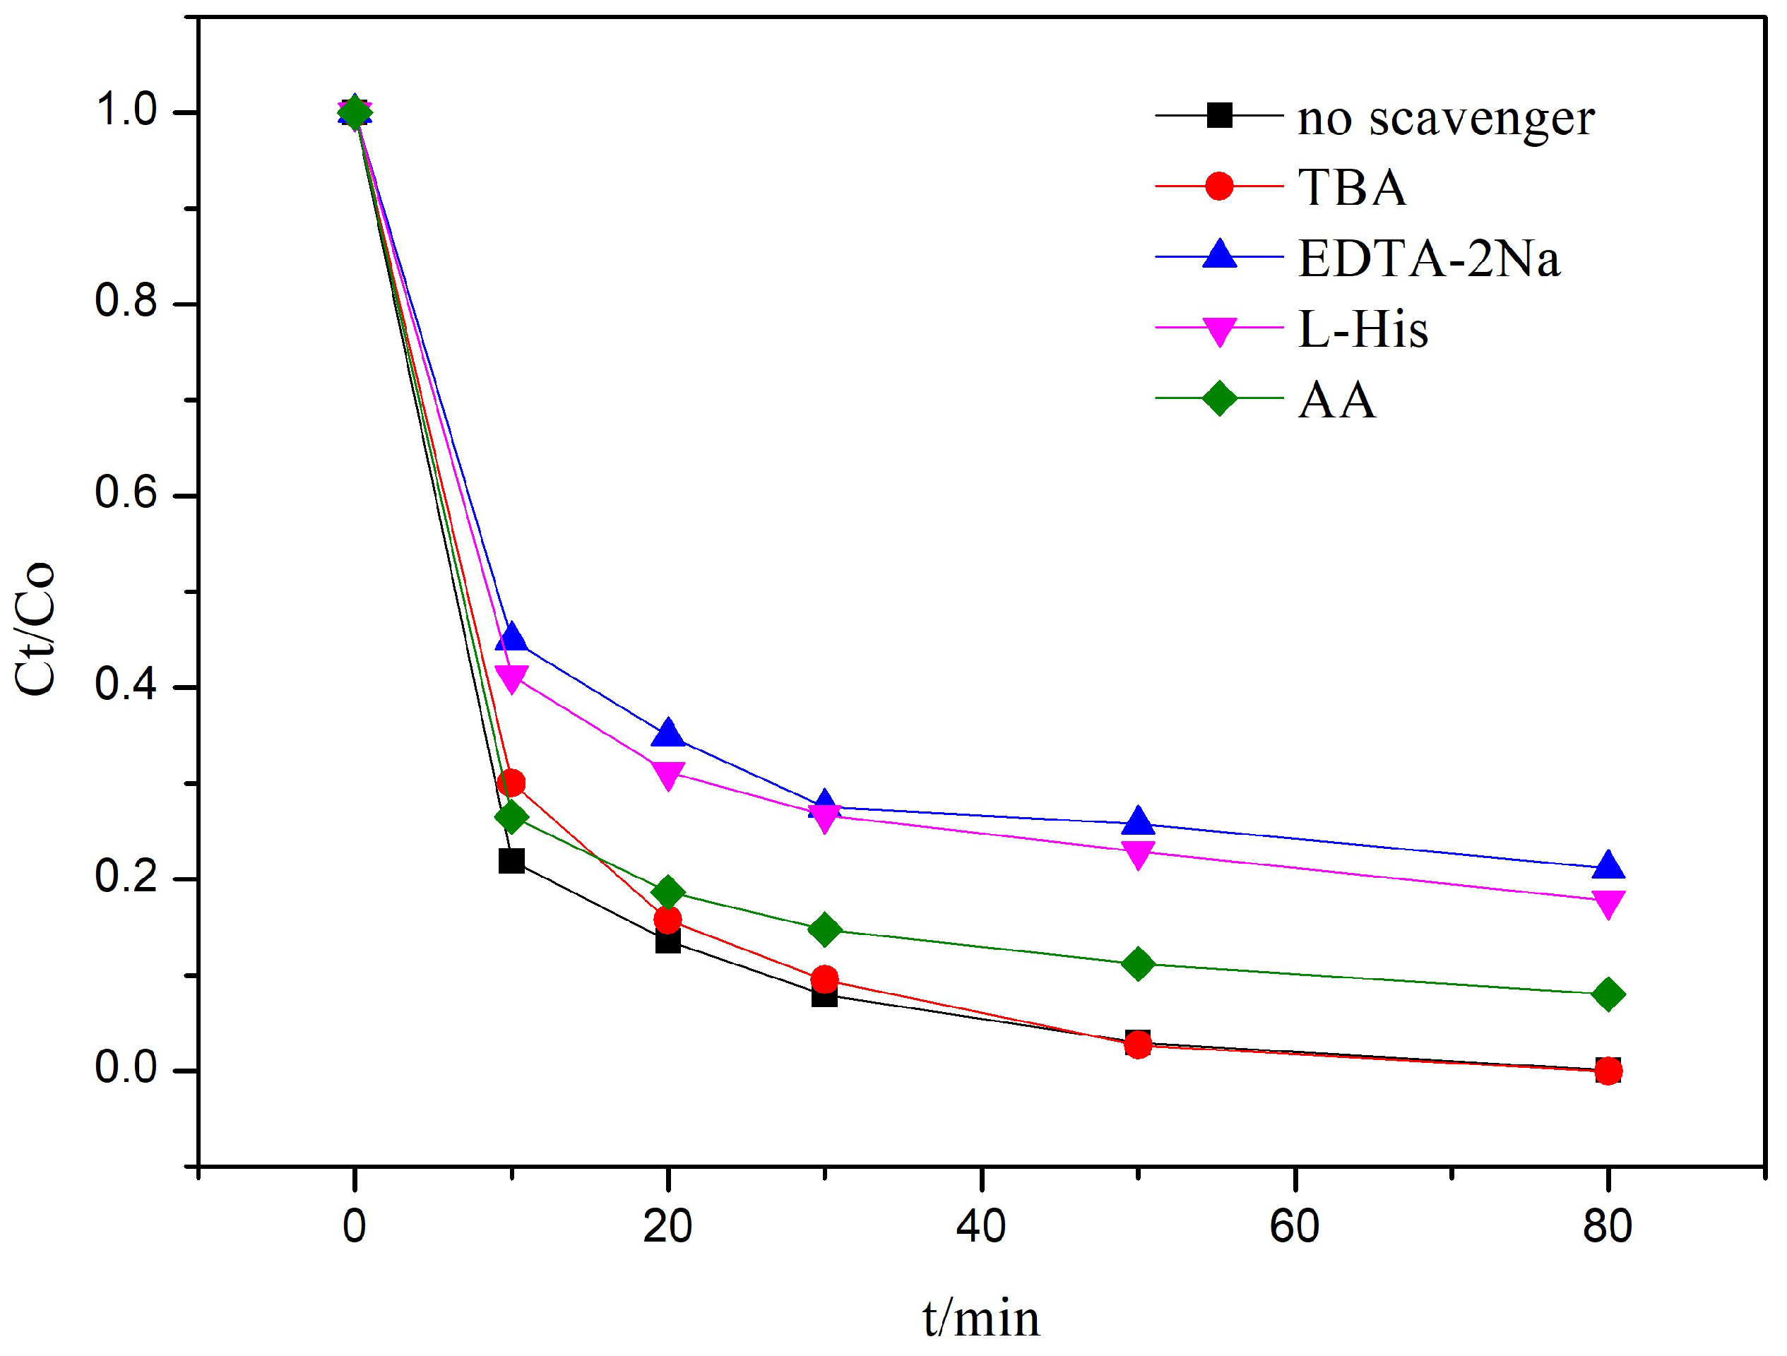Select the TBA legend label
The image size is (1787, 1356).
(x=1352, y=187)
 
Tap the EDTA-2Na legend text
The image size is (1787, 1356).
(x=1428, y=258)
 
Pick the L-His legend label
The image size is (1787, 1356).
(x=1363, y=330)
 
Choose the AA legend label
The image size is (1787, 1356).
(x=1336, y=400)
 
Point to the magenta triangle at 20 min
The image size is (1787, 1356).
(x=668, y=774)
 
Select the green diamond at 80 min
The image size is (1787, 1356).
(x=1608, y=994)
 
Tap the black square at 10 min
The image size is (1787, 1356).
(x=511, y=861)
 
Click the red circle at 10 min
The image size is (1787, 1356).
(x=511, y=783)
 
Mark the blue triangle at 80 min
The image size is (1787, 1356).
(x=1608, y=866)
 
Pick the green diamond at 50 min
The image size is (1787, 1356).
(x=1137, y=964)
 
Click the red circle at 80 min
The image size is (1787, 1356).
(x=1608, y=1071)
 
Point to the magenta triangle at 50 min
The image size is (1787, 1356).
(x=1137, y=854)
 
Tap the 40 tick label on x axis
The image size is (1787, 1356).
(x=981, y=1226)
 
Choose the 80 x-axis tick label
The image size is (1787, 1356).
(x=1608, y=1226)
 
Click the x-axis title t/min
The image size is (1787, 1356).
(x=981, y=1319)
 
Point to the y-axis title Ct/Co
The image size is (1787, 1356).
(x=35, y=628)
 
